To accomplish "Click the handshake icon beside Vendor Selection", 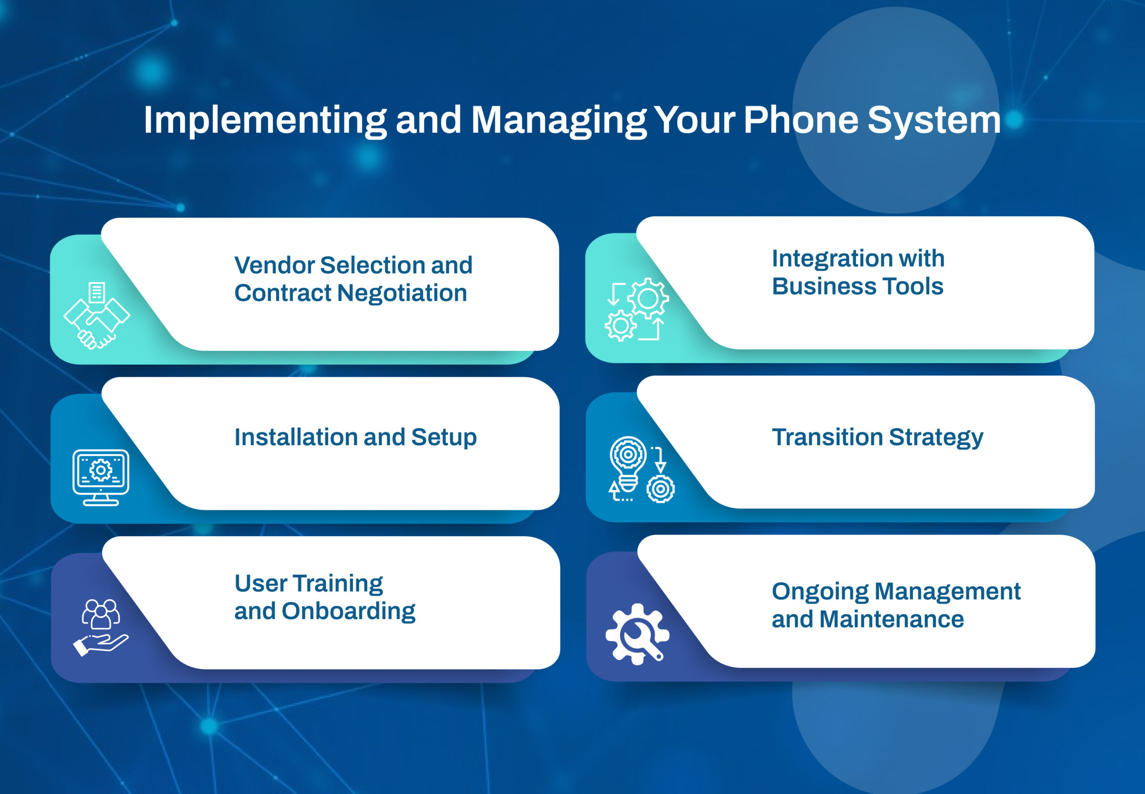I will point(97,316).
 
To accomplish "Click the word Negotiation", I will point(402,293).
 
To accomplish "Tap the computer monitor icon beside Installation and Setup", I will point(101,477).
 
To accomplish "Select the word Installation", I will point(295,437).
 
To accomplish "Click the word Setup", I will point(444,438).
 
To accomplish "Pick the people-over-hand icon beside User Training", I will point(101,627).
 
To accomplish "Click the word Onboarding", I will point(348,611).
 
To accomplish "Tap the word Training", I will point(338,584).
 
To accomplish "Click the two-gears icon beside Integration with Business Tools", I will point(636,309).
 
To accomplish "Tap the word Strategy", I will point(936,438).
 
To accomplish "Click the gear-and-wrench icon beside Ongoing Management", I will point(637,634).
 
